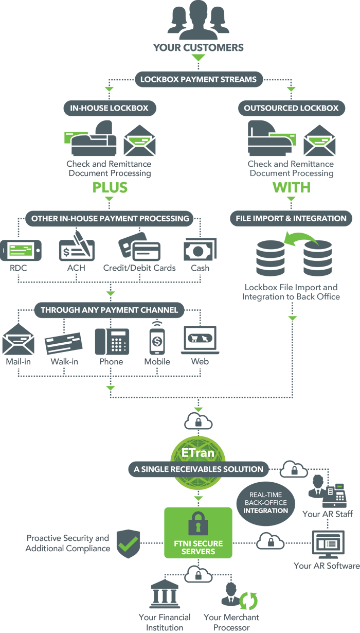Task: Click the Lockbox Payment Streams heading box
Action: (x=199, y=80)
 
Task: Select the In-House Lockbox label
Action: (x=109, y=108)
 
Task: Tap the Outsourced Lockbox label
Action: (x=291, y=108)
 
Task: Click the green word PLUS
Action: (x=109, y=187)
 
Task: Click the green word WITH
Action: (x=291, y=187)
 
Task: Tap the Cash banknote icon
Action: (x=200, y=250)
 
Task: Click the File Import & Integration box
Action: (x=291, y=218)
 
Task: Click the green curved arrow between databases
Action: (x=300, y=240)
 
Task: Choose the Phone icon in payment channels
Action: (x=112, y=341)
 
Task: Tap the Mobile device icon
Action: (x=157, y=340)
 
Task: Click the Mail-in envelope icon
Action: (x=18, y=341)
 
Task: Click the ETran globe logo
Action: (x=199, y=453)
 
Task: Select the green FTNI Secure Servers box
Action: (x=198, y=533)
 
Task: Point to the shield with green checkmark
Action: (x=128, y=543)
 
